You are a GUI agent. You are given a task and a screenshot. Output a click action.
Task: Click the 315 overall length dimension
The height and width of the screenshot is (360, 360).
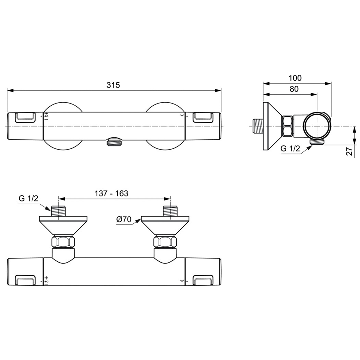point(113,85)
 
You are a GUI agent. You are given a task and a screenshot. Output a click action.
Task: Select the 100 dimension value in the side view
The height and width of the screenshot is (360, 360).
point(295,78)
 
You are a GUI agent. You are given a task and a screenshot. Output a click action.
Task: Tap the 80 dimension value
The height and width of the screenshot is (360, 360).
point(294,89)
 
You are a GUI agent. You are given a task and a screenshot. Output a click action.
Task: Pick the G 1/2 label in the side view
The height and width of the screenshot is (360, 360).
point(290,149)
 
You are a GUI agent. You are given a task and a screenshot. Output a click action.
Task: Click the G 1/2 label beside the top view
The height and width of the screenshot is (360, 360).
point(28,198)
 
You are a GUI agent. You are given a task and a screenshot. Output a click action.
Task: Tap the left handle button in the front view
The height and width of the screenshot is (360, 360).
point(25,117)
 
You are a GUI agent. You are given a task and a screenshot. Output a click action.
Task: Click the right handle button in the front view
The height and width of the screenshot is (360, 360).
point(202,117)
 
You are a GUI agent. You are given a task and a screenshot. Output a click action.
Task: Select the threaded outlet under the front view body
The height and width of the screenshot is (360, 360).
point(114,142)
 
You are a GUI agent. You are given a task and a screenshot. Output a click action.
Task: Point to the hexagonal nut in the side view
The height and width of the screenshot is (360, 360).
point(288,126)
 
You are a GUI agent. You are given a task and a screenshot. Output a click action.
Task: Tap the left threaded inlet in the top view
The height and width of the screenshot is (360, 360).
point(58,211)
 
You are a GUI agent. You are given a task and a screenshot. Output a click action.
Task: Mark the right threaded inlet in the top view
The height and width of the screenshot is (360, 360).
point(170,211)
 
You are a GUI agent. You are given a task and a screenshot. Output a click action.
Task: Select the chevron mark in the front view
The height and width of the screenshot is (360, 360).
point(182,115)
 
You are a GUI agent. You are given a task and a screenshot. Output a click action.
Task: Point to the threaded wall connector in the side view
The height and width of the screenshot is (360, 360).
point(257,126)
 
